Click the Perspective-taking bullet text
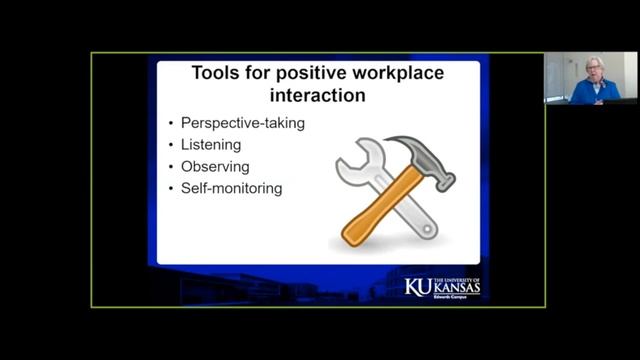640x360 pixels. [x=242, y=123]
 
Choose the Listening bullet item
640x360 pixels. [x=211, y=145]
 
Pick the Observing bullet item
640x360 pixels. [x=214, y=166]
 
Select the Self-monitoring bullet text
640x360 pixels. [x=231, y=187]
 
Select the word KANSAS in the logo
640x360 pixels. [x=458, y=289]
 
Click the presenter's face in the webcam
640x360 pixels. [x=594, y=69]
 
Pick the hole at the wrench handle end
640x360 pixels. [x=427, y=228]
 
